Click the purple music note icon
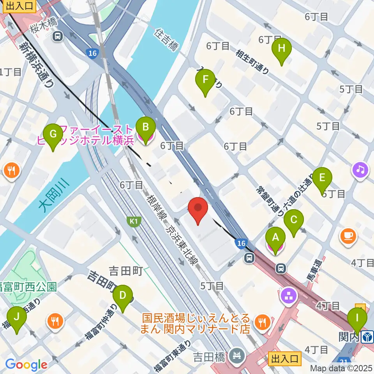pyautogui.click(x=361, y=169)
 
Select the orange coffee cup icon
pyautogui.click(x=348, y=236)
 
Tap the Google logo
pyautogui.click(x=26, y=365)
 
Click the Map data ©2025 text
pyautogui.click(x=341, y=368)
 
